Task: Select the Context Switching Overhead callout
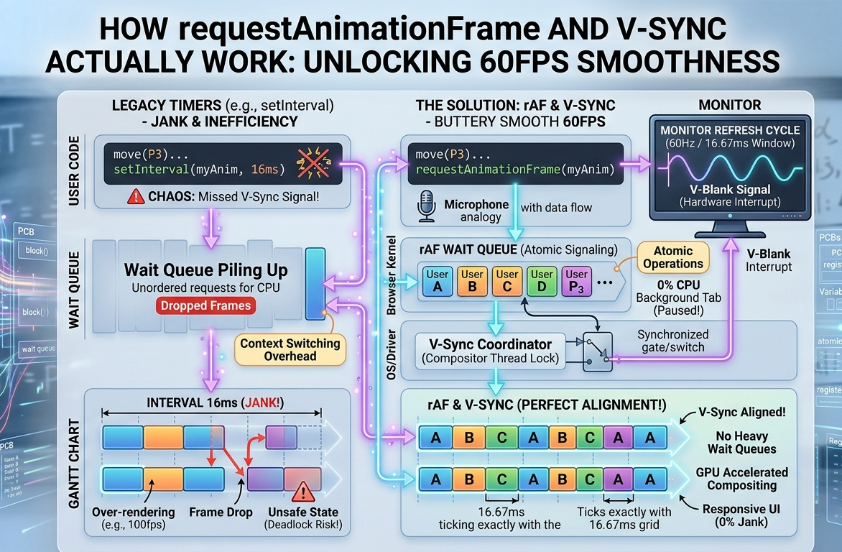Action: (x=290, y=350)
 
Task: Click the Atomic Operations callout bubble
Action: (x=673, y=257)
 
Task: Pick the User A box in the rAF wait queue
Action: (x=437, y=280)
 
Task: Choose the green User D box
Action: (x=542, y=280)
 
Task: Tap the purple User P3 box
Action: (x=576, y=280)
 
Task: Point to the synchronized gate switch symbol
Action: (x=598, y=350)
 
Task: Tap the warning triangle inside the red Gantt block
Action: (x=303, y=492)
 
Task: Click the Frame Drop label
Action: (x=221, y=512)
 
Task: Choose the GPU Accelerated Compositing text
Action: (x=741, y=479)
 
